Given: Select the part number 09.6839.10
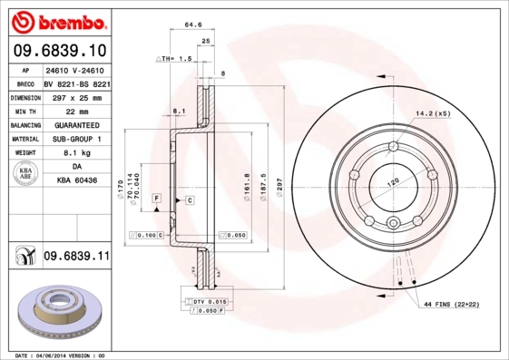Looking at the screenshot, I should pos(61,50).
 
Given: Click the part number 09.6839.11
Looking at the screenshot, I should pos(76,258).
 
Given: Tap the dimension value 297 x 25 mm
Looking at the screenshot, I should pos(76,97).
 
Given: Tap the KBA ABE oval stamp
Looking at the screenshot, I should pos(26,174).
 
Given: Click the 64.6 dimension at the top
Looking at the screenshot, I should pos(191,25).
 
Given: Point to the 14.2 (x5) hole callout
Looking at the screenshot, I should pos(432,114).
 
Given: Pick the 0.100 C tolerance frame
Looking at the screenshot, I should pos(144,235).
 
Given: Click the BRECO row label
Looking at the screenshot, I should pos(25,83).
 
